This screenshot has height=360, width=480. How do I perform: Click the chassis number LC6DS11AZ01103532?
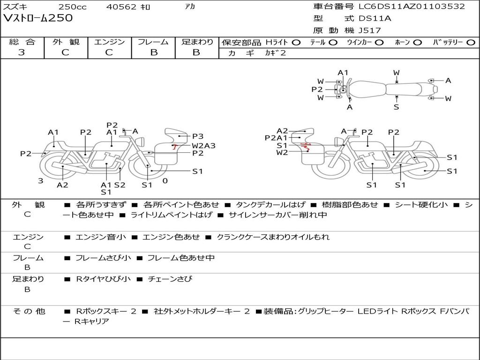click(412, 7)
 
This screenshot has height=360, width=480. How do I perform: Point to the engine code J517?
click(369, 30)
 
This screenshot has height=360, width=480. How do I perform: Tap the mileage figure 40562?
click(121, 7)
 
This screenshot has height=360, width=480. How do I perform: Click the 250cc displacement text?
click(72, 7)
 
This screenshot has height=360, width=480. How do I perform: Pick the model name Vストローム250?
click(38, 18)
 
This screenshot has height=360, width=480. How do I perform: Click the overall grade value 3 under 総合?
click(22, 52)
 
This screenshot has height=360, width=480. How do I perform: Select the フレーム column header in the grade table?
click(153, 42)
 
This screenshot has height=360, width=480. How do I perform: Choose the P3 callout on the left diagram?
click(198, 136)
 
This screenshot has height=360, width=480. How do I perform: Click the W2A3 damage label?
click(203, 145)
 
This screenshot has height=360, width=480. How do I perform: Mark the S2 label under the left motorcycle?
click(120, 185)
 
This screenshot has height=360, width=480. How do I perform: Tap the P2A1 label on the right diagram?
click(276, 138)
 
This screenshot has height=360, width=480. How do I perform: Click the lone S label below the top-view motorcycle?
click(397, 107)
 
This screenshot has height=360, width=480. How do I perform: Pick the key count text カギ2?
click(275, 53)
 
